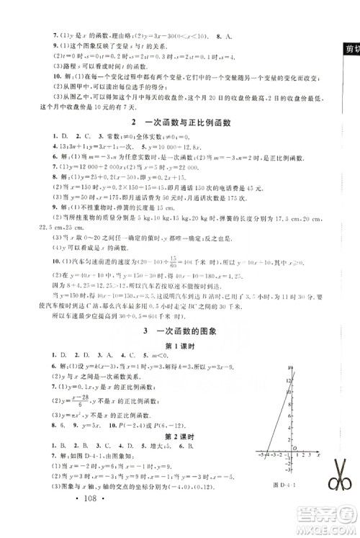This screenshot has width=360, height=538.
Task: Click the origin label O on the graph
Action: [x=295, y=448]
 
